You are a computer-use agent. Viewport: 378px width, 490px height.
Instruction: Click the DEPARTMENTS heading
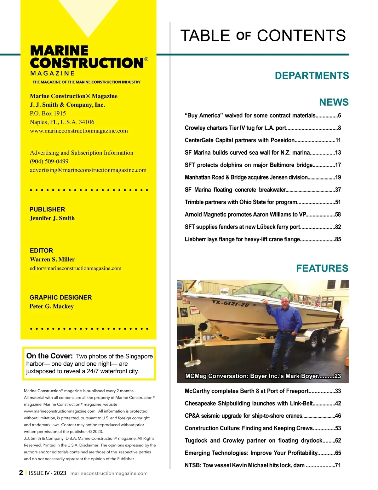312,76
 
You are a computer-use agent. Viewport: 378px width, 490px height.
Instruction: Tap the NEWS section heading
334,102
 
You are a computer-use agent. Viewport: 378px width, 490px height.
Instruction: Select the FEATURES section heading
322,268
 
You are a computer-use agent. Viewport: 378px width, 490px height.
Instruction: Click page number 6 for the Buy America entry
339,115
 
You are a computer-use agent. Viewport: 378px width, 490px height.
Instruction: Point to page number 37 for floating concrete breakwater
338,190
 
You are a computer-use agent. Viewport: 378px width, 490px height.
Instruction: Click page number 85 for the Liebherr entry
338,239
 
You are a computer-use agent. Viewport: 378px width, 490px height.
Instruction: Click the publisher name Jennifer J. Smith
52,218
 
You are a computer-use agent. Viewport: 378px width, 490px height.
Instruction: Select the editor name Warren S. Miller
52,259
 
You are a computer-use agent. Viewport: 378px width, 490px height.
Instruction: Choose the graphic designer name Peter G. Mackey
52,306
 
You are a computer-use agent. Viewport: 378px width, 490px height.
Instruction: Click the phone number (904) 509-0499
49,161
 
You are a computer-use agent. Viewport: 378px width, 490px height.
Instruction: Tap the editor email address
76,269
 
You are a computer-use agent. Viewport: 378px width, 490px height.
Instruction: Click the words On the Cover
49,356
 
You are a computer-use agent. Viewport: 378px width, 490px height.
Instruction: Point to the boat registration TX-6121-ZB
230,304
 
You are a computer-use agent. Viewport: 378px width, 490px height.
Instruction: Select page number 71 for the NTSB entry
338,465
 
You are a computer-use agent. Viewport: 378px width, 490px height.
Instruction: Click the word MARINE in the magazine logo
59,51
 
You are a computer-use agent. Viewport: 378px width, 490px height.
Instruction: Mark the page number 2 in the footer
21,472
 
